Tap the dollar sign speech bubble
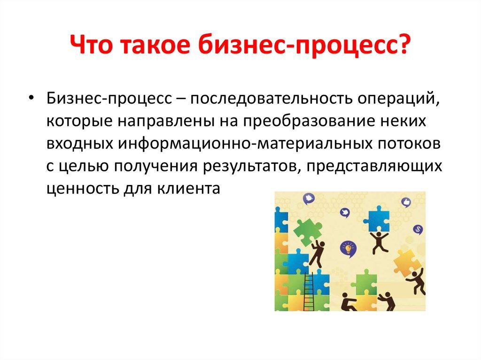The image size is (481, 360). [418, 229]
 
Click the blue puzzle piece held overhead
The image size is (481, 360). [379, 219]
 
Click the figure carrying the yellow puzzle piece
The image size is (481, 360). [416, 279]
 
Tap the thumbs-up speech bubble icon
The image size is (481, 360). [407, 202]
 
